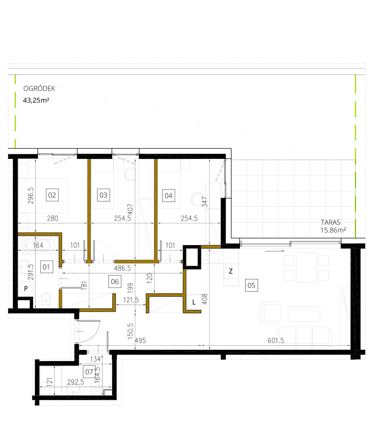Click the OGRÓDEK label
point(39,89)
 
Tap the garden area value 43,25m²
point(37,101)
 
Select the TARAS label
point(330,222)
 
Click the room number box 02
point(52,195)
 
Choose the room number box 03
point(103,195)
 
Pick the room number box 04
point(168,195)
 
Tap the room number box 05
point(251,285)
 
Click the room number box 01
point(46,267)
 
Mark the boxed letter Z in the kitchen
point(231,271)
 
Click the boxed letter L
point(194,302)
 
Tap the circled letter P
point(26,289)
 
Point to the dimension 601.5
point(275,341)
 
